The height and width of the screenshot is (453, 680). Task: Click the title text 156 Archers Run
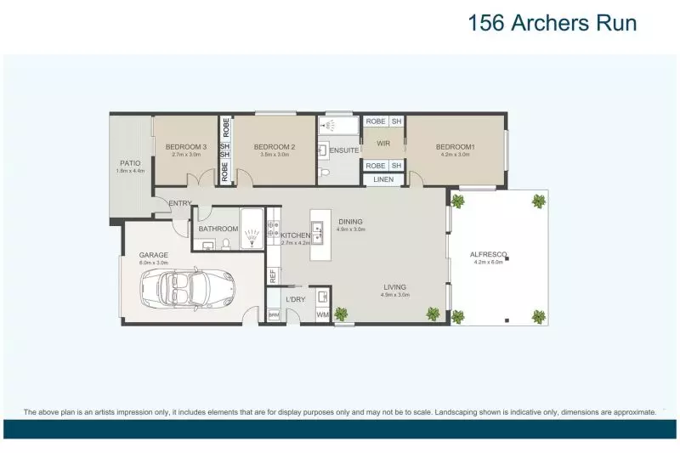point(552,23)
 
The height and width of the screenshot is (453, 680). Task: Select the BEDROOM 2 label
point(275,147)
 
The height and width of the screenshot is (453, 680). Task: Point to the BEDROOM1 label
point(456,147)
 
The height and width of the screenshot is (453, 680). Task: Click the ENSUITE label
point(344,150)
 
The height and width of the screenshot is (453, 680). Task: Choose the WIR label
point(383,144)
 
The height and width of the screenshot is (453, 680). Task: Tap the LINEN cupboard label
point(382,179)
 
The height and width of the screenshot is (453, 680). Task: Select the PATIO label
point(130,162)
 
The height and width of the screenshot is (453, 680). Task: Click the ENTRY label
point(180,203)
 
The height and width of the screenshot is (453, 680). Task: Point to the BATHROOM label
point(218,229)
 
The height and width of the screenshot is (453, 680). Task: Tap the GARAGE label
point(154,254)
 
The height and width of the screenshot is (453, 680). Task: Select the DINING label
point(350,222)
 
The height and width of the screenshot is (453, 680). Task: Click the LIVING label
point(394,287)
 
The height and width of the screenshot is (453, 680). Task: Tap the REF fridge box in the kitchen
point(273,275)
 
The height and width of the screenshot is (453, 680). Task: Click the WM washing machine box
point(322,315)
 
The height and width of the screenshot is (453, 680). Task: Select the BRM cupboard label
point(274,315)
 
